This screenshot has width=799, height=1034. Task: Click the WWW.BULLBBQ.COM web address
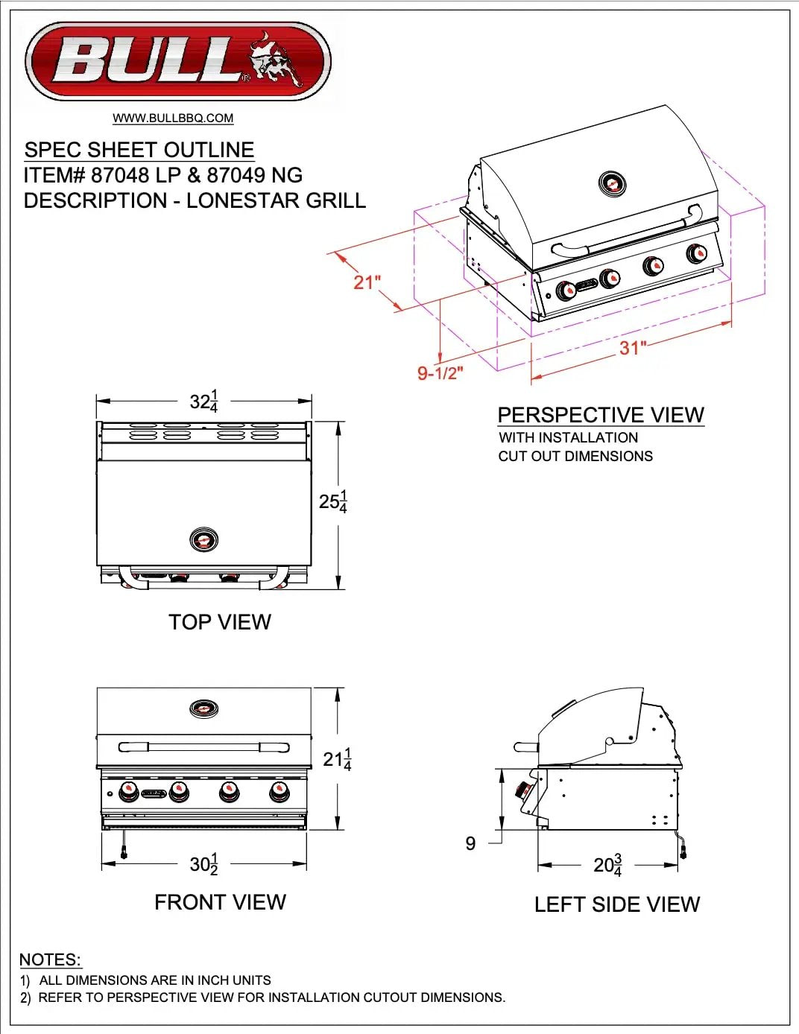[x=173, y=118]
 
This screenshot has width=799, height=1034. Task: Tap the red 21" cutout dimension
[x=367, y=282]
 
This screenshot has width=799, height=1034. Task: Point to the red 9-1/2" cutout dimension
[x=440, y=372]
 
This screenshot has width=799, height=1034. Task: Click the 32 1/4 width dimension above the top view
[x=203, y=402]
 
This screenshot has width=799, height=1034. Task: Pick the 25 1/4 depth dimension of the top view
[x=333, y=501]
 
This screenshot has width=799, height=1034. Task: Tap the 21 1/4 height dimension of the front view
[x=337, y=759]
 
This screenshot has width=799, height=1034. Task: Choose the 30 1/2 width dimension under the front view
[x=203, y=864]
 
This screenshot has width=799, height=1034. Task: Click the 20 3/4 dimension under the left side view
[x=607, y=865]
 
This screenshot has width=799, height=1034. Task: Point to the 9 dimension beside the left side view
[x=470, y=843]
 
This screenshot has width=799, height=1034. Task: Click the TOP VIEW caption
[x=220, y=622]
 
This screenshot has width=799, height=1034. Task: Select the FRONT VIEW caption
[x=220, y=902]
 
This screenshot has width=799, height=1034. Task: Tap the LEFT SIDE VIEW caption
[x=617, y=904]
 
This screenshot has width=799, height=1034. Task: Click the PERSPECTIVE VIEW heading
[x=601, y=415]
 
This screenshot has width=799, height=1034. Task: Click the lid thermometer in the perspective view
[x=613, y=183]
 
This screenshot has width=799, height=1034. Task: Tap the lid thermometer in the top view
[x=203, y=540]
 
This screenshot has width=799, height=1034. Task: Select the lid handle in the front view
[x=203, y=746]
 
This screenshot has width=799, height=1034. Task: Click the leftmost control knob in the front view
[x=129, y=791]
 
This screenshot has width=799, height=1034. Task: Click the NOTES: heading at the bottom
[x=50, y=960]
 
